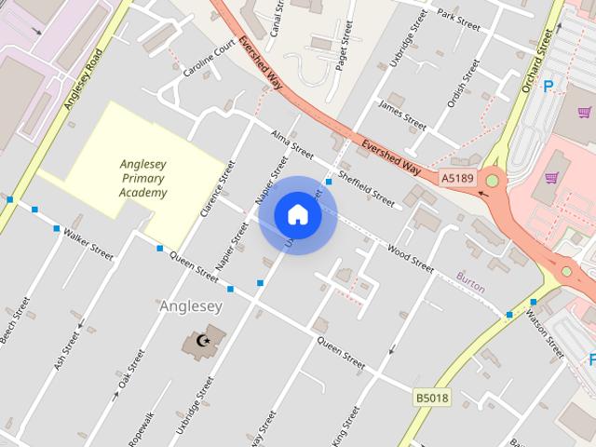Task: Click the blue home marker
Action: [x=297, y=214]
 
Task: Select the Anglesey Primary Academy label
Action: [x=143, y=179]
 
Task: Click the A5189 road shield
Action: [x=457, y=177]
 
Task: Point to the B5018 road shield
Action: [x=431, y=398]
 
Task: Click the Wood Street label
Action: [x=411, y=258]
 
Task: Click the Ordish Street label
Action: [x=462, y=84]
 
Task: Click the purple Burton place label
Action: [x=470, y=289]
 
